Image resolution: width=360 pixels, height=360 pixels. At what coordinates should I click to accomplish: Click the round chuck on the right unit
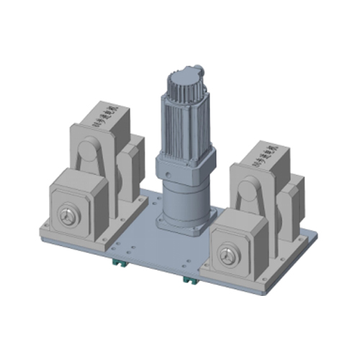coord(231,254)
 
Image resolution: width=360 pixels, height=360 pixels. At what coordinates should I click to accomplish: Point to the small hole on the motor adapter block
coord(166,174)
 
